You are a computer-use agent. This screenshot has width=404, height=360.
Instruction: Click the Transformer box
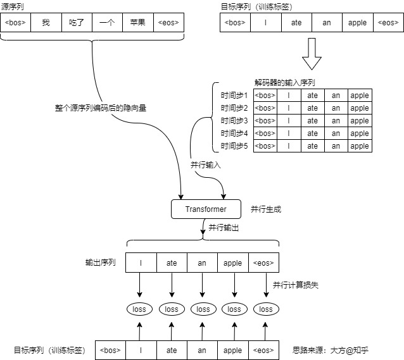tap(206, 209)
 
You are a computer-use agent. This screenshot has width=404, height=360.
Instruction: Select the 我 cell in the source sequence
tap(46, 23)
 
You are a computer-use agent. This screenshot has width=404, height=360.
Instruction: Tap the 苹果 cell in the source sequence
tap(138, 23)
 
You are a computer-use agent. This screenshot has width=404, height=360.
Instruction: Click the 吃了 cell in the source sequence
tap(77, 23)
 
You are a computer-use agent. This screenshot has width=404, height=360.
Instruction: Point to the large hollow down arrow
tap(312, 54)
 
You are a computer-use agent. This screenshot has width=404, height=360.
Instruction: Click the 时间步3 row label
tap(234, 120)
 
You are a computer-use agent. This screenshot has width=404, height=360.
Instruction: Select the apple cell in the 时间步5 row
tap(360, 146)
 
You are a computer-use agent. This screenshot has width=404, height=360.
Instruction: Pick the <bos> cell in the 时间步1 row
tap(265, 96)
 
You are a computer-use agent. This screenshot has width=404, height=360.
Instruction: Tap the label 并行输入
tap(206, 164)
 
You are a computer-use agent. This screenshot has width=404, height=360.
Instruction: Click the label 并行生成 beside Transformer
tap(266, 209)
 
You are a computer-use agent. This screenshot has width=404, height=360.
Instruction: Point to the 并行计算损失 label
tap(296, 285)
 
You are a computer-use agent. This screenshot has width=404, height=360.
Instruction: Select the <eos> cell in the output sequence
tap(263, 263)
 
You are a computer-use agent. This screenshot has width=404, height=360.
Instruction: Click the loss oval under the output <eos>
tap(266, 309)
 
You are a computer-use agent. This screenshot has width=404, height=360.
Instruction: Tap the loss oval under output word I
tap(139, 309)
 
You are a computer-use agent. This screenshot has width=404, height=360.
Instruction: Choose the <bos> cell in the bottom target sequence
tap(110, 351)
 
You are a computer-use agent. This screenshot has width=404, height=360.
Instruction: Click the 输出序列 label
tap(101, 263)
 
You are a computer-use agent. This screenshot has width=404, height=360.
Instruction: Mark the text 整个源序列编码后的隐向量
tap(101, 108)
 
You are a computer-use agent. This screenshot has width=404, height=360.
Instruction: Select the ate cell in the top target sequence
tap(296, 23)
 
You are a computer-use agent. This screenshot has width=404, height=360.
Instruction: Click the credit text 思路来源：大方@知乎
tap(331, 351)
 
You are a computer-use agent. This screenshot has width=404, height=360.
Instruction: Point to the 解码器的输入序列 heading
tap(285, 83)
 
